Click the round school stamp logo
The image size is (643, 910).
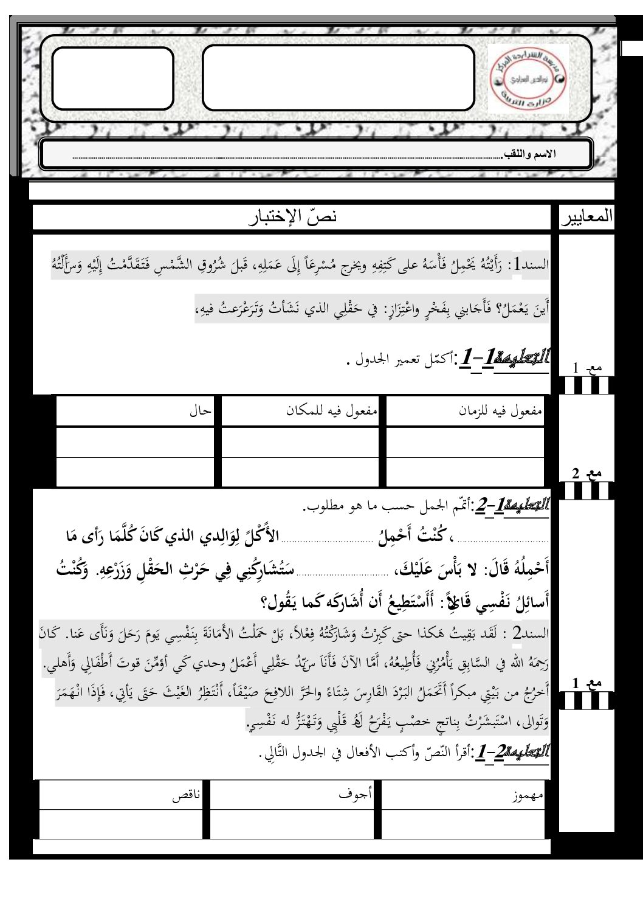point(527,79)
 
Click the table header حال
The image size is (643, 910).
point(200,411)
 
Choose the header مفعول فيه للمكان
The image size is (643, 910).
point(332,411)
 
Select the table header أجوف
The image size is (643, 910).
point(356,793)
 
